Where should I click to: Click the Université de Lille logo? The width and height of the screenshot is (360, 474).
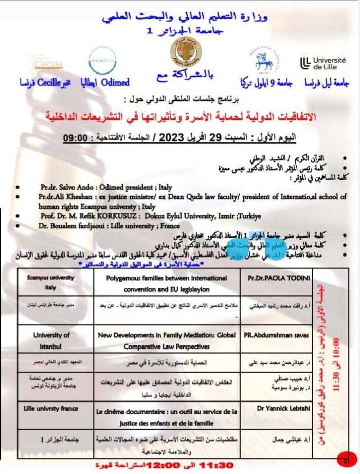pos(322,63)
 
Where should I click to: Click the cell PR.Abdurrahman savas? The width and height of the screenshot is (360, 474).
pos(276,334)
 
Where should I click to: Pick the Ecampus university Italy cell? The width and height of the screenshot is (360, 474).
pos(51,283)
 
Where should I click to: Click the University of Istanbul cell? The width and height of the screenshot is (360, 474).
pos(51,340)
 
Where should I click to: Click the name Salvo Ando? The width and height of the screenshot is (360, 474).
pos(79,188)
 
